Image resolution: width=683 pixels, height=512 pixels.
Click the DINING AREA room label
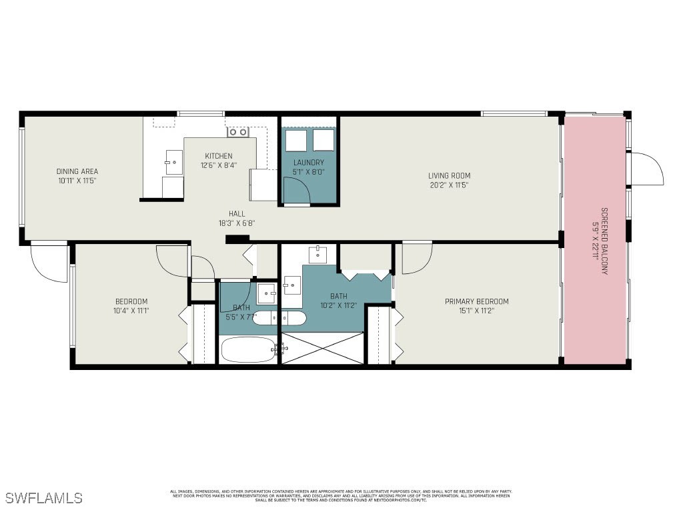point(77,171)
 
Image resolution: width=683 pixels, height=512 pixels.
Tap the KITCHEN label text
point(218,156)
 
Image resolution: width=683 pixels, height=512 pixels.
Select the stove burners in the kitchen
point(237,132)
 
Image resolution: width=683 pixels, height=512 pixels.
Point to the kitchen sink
point(173,162)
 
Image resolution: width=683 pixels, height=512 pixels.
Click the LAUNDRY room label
point(308,163)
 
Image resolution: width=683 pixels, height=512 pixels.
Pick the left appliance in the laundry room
point(295,141)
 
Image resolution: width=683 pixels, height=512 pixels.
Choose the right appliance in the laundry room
point(323,141)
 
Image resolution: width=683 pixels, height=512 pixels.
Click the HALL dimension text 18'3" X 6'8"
point(237,223)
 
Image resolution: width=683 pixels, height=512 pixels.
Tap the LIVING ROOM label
point(449,176)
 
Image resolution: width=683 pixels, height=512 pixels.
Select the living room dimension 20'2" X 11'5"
point(449,185)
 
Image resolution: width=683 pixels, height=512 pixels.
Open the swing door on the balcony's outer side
point(646,169)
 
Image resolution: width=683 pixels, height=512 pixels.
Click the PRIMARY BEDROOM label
point(476,301)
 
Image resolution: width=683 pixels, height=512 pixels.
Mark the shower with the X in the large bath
point(323,348)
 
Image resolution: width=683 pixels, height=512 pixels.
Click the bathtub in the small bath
point(248,349)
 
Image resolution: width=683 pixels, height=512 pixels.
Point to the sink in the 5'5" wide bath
point(267,291)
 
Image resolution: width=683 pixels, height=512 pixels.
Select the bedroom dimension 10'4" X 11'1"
point(131,310)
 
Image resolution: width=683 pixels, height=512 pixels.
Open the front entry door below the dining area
point(49,261)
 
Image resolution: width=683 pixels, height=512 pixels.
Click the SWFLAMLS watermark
point(44,498)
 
